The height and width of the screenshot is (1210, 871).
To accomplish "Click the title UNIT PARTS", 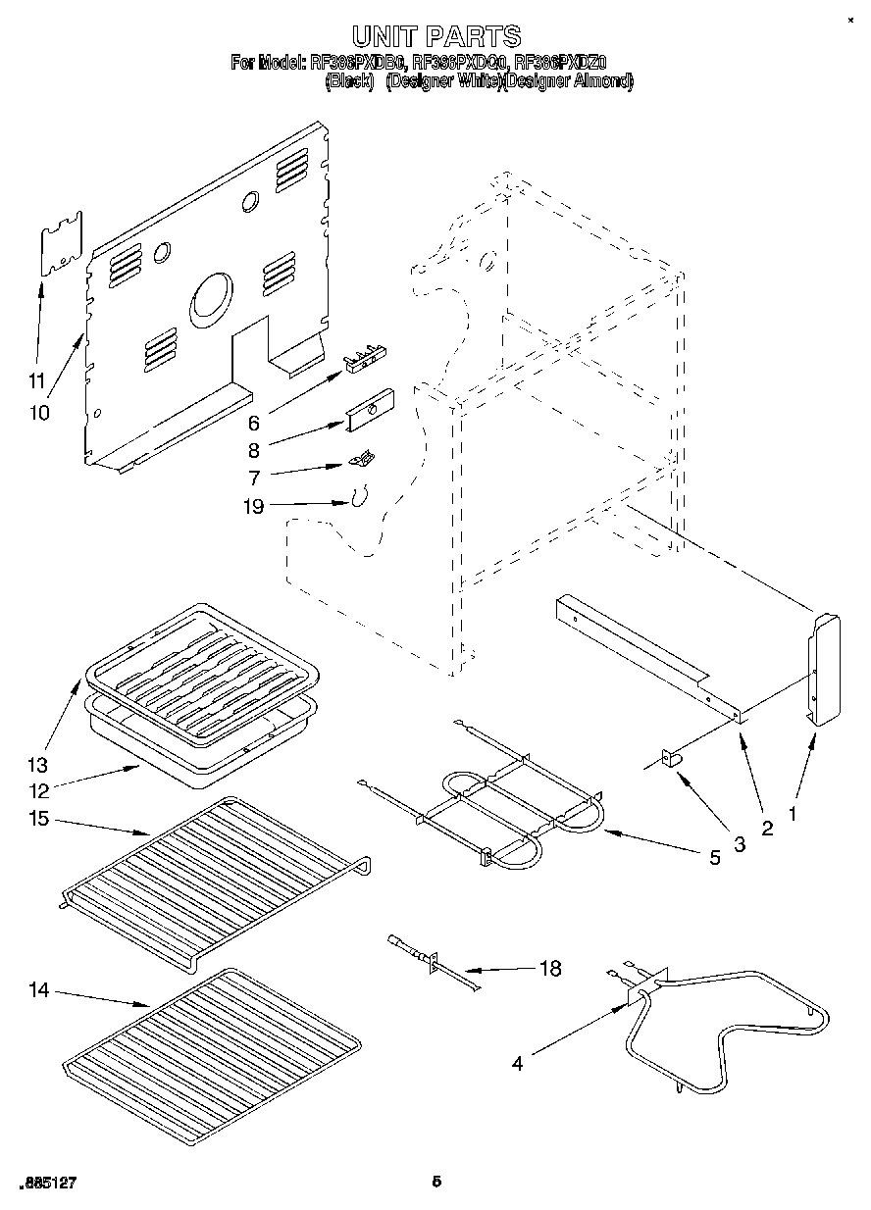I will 436,37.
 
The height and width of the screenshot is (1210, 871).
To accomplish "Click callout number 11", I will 36,380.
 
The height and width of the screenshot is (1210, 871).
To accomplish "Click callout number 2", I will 767,828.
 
